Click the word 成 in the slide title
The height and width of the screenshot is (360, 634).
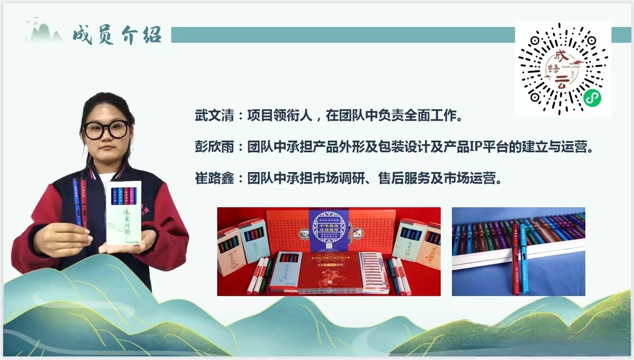83,35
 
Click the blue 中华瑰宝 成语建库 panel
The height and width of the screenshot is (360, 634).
328,230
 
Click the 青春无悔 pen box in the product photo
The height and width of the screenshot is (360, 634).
285,270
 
